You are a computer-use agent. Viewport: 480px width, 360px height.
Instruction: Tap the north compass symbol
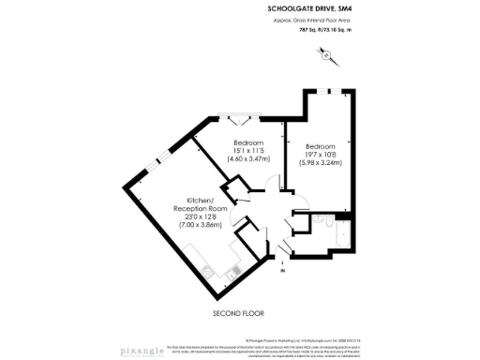click(328, 55)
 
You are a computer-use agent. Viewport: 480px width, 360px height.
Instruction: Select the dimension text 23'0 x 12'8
click(193, 217)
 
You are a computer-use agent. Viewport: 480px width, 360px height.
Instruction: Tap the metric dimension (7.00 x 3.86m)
click(193, 226)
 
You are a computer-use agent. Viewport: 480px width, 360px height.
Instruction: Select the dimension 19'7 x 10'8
click(321, 157)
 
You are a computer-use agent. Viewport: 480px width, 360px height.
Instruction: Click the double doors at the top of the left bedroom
click(232, 120)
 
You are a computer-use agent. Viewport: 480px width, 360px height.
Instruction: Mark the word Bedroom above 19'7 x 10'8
click(321, 147)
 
